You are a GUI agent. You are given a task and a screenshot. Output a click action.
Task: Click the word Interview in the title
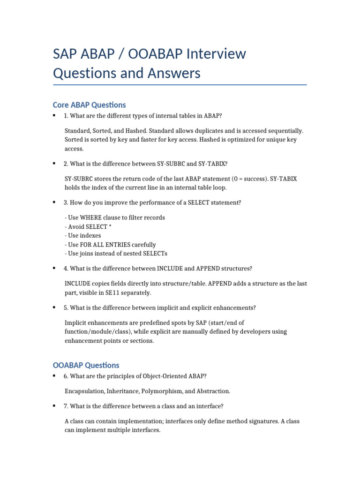click(216, 54)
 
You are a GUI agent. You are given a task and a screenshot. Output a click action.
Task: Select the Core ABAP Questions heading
click(90, 105)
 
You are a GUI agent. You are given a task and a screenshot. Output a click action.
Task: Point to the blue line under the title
click(180, 85)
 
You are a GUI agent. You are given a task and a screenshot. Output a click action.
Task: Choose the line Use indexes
click(82, 235)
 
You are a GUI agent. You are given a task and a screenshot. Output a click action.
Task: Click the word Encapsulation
click(84, 391)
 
